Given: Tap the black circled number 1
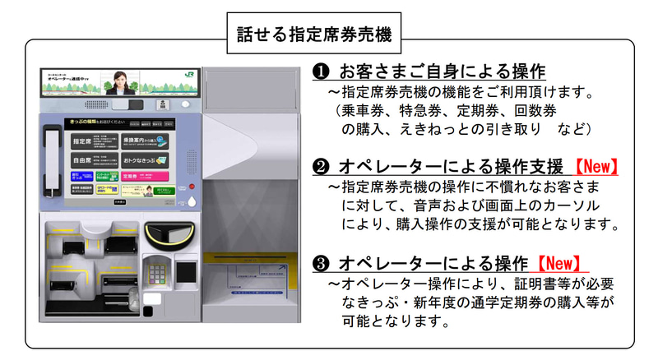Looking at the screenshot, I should pos(322,72).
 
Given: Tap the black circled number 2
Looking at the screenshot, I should pos(322,168).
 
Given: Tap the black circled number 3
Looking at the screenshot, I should pos(322,264).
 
